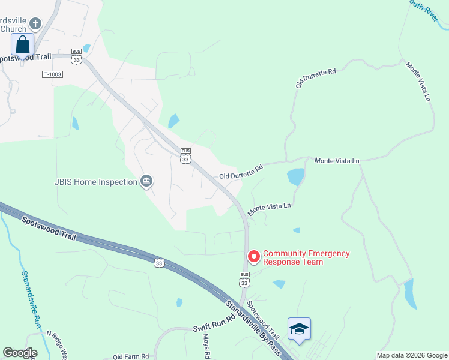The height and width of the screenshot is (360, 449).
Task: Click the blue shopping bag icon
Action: click(22, 45)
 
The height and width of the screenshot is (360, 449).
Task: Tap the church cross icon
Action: click(35, 24)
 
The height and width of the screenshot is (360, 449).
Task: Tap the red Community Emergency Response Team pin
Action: click(253, 257)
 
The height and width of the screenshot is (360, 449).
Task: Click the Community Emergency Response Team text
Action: click(306, 257)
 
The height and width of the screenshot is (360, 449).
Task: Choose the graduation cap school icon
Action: click(299, 329)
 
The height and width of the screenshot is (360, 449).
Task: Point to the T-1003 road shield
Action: click(53, 74)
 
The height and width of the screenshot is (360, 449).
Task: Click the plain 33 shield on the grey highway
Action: click(159, 262)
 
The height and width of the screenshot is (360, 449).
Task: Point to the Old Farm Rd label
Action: click(130, 356)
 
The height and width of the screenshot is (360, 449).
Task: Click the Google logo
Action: click(20, 353)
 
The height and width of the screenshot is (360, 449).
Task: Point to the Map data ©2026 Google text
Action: click(411, 355)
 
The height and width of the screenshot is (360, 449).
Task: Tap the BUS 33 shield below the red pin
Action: click(244, 280)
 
